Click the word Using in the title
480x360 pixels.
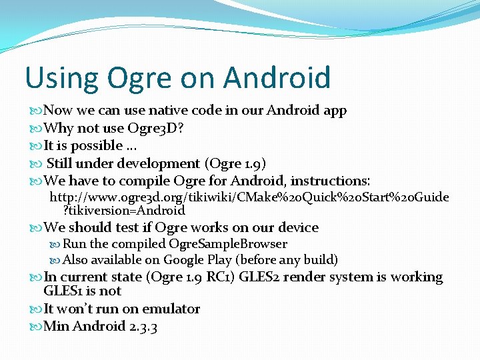tap(59, 77)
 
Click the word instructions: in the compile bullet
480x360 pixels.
tap(327, 181)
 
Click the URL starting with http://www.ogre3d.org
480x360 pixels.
tap(249, 197)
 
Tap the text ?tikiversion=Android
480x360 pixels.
tap(124, 211)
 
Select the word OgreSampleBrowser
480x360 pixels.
tap(228, 244)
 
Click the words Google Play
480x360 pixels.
tap(198, 260)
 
